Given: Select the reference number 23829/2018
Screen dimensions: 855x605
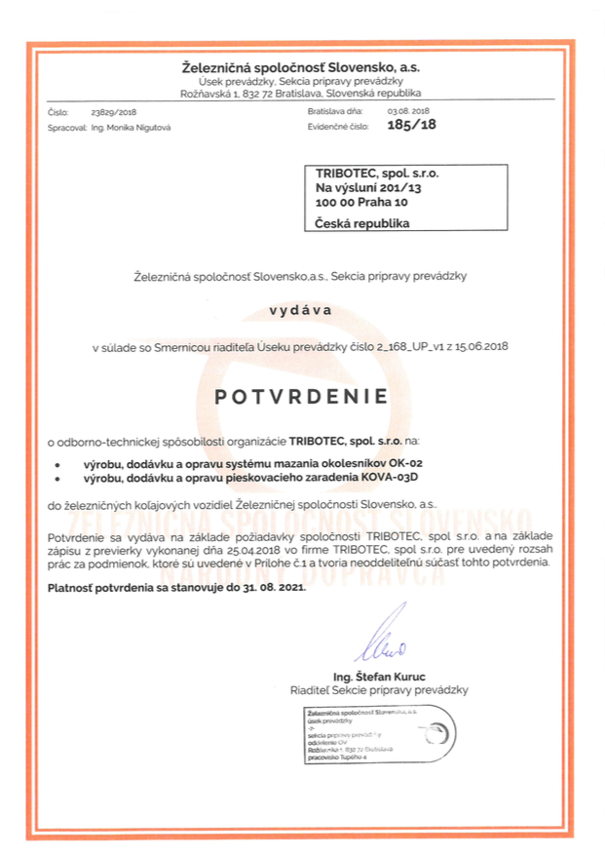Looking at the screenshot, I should (x=112, y=113).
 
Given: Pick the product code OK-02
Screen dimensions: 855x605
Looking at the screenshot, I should (x=406, y=461).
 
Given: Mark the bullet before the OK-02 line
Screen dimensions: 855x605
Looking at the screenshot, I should (x=57, y=462).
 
